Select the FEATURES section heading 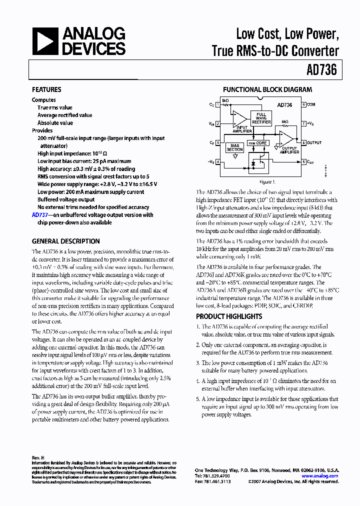coord(46,90)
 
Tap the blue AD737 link coord(39,215)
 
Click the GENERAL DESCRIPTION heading coord(65,241)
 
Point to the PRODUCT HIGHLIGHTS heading coord(228,316)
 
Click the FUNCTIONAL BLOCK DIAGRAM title coord(267,90)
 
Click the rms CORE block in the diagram coord(258,143)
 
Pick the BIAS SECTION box coord(235,148)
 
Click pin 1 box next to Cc coord(217,105)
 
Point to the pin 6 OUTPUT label coord(314,142)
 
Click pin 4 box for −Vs coord(217,161)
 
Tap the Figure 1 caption coord(266,182)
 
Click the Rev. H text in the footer coord(38,458)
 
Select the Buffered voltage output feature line coord(65,199)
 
